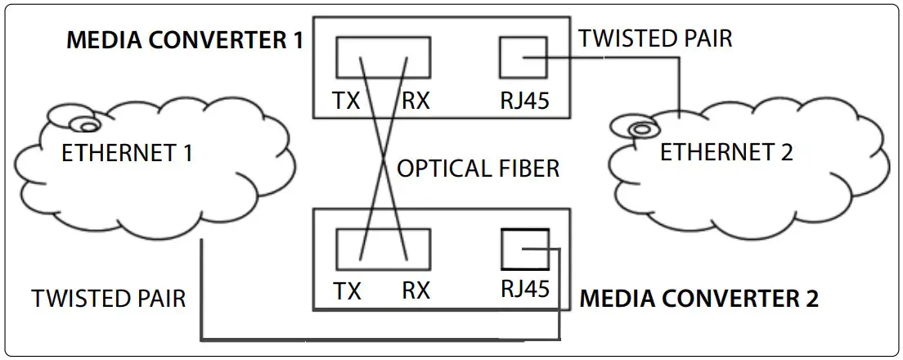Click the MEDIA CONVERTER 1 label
point(184,40)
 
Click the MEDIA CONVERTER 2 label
point(699,297)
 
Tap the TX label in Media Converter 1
point(348,101)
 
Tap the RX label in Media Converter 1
point(416,101)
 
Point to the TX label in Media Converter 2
point(348,290)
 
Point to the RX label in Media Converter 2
point(416,290)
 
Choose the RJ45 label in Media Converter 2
point(523,289)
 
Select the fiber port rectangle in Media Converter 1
point(383,59)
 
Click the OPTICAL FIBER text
point(478,169)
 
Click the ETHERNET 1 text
point(127,152)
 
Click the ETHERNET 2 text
point(726,152)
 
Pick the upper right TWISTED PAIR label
point(655,38)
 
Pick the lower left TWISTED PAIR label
point(109,299)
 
